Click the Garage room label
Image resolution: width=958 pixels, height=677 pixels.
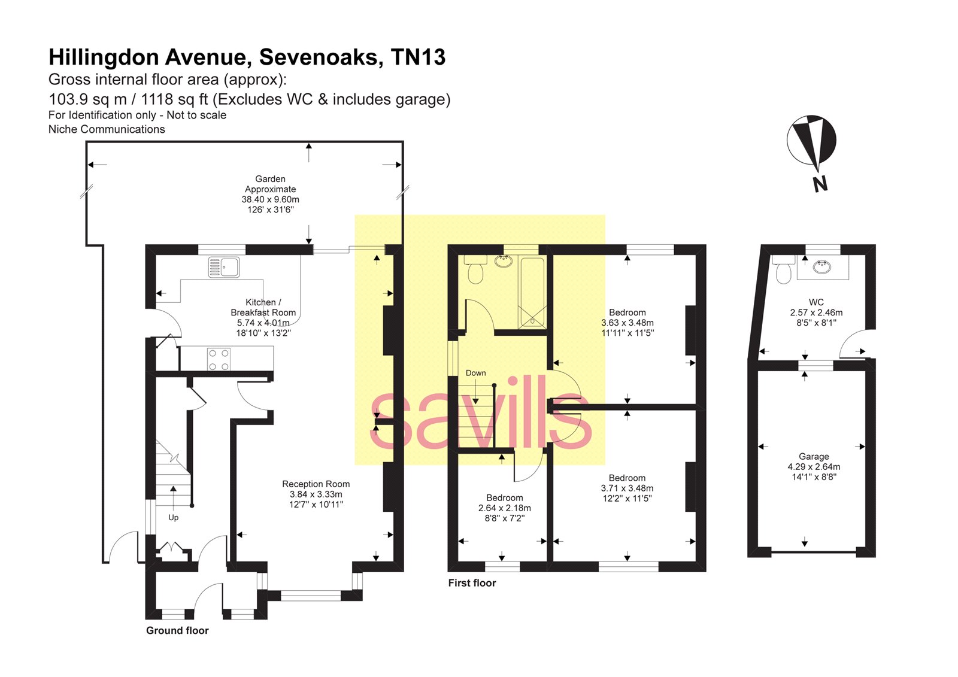pos(813,456)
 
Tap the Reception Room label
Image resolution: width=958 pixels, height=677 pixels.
pos(316,484)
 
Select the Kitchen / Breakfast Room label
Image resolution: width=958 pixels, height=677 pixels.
pos(263,307)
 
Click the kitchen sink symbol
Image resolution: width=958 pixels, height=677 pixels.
pos(224,267)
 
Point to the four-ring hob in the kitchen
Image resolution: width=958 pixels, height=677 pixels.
pos(219,359)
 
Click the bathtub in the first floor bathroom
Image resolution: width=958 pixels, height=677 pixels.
pos(532,293)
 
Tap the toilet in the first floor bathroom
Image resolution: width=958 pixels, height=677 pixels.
pos(475,271)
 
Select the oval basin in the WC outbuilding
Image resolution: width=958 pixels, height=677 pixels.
pos(823,267)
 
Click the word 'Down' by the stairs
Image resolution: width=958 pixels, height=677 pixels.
pos(475,373)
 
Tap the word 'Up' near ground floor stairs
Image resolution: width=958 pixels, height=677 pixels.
pos(173,518)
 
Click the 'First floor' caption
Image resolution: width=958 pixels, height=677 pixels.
pos(472,583)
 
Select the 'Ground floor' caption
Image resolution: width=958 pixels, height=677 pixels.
pos(177,630)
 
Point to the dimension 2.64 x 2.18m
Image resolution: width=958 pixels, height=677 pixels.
pos(504,508)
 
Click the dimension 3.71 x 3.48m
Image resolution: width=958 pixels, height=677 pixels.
pos(627,488)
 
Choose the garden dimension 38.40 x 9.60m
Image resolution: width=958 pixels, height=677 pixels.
pos(270,199)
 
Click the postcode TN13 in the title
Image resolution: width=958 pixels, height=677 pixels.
pos(418,57)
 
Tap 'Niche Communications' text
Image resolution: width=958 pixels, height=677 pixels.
pos(107,129)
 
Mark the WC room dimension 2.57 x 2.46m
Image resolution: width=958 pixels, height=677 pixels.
pos(815,312)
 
